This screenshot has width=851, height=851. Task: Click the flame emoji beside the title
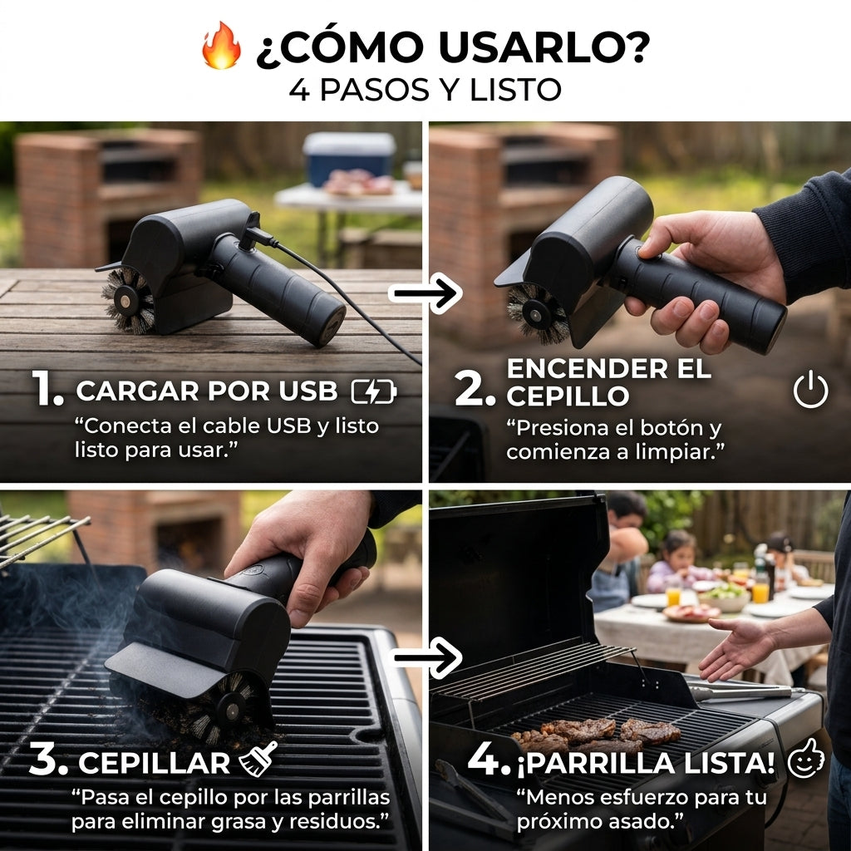click(221, 46)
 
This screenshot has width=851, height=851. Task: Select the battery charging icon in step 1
click(374, 391)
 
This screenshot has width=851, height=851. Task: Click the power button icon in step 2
click(810, 389)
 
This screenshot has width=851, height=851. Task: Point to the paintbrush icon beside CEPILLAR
click(258, 758)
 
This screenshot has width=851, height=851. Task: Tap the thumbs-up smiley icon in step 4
click(805, 758)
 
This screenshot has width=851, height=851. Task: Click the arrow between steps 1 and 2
click(425, 293)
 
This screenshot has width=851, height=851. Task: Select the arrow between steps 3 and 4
click(426, 658)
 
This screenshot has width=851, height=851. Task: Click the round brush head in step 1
click(128, 299)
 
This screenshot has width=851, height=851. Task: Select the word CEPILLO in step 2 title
click(568, 396)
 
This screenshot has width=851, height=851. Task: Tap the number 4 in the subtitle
click(299, 90)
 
